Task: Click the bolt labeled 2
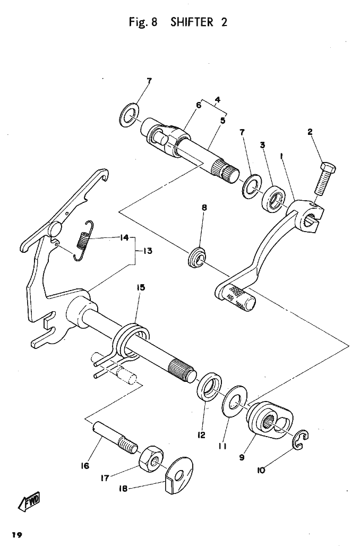[x=325, y=178]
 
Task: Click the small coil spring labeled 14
[x=84, y=240]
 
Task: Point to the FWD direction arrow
[x=29, y=501]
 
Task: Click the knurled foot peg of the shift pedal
[x=239, y=298]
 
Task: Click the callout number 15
[x=141, y=287]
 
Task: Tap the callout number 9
[x=242, y=457]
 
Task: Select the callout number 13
[x=148, y=251]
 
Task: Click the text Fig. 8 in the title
[x=143, y=22]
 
